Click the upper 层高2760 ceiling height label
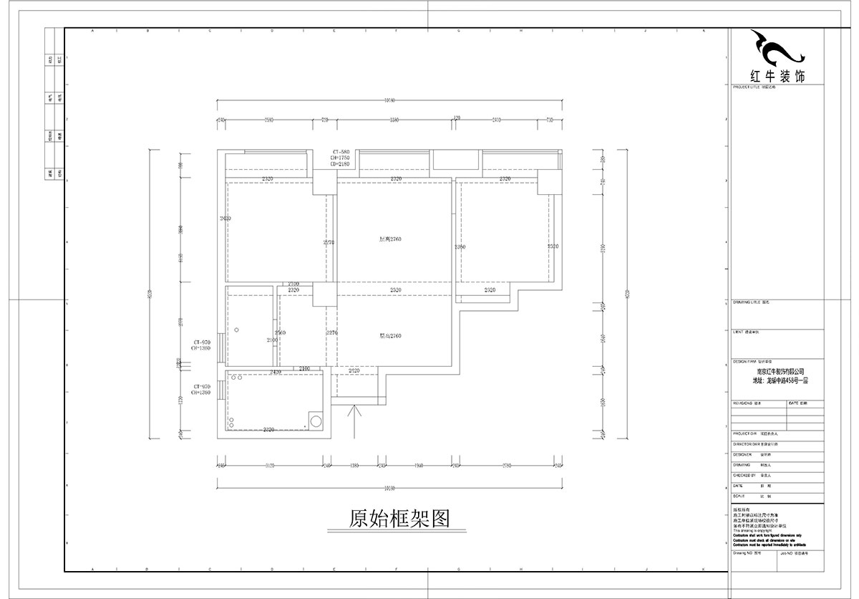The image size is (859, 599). pos(390,239)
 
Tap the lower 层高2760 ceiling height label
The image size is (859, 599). pos(390,335)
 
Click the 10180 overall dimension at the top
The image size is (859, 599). pos(389,100)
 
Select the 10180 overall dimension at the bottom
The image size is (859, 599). pos(389,489)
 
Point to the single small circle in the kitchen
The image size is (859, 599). pos(237,330)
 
